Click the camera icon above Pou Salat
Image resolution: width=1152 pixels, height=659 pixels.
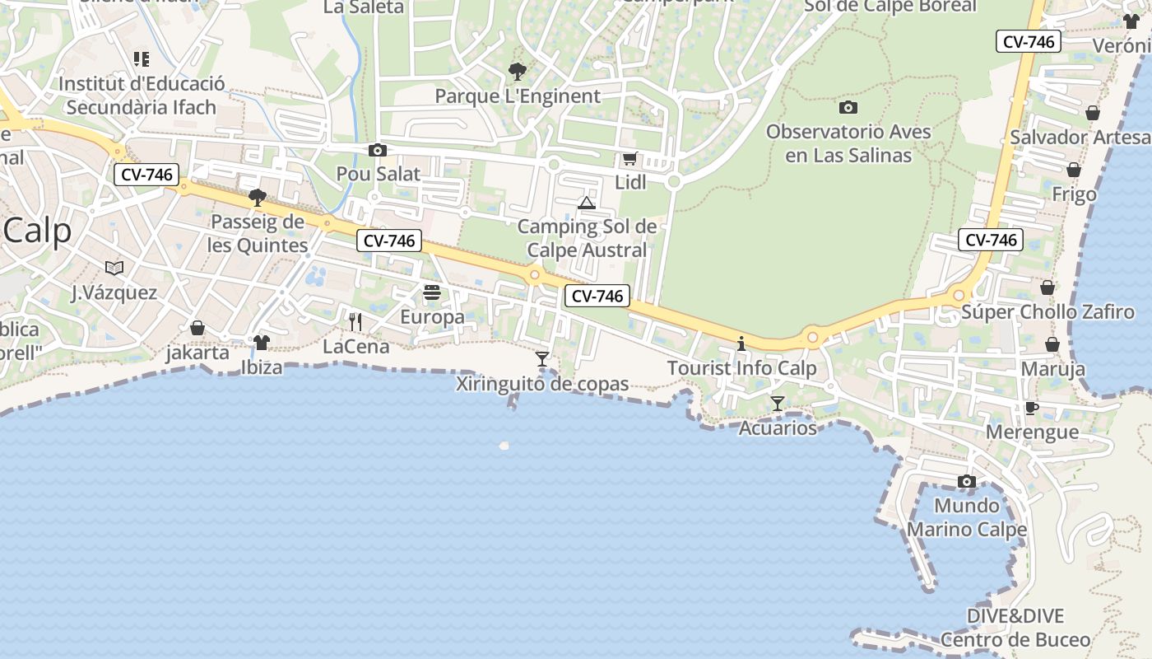pyautogui.click(x=378, y=150)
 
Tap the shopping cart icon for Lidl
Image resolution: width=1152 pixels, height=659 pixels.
pyautogui.click(x=629, y=158)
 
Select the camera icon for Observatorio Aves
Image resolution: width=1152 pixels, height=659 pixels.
pyautogui.click(x=848, y=107)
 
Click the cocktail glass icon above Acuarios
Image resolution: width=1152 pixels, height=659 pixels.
pyautogui.click(x=777, y=403)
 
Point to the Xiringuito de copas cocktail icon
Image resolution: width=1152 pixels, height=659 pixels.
pyautogui.click(x=541, y=358)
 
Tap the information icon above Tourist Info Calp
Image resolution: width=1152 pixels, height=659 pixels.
pyautogui.click(x=741, y=344)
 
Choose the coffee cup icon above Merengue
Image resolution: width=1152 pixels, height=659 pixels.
pyautogui.click(x=1032, y=408)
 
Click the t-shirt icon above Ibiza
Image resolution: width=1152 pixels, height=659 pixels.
pyautogui.click(x=261, y=342)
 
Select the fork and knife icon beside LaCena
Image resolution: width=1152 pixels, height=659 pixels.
pyautogui.click(x=355, y=321)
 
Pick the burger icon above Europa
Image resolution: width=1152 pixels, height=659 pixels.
pyautogui.click(x=432, y=292)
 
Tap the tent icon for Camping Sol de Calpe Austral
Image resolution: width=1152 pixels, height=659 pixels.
pyautogui.click(x=586, y=203)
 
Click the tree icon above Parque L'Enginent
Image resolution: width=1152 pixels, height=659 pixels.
pyautogui.click(x=517, y=72)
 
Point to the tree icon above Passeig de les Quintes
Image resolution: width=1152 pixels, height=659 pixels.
pyautogui.click(x=258, y=198)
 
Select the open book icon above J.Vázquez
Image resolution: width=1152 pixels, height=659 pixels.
pyautogui.click(x=114, y=268)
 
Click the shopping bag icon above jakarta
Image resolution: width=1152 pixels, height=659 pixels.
pyautogui.click(x=197, y=328)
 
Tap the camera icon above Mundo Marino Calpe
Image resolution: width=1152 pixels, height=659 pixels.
pyautogui.click(x=967, y=481)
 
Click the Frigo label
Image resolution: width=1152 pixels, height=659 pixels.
pyautogui.click(x=1075, y=194)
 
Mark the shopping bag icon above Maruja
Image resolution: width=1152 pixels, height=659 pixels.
pyautogui.click(x=1052, y=344)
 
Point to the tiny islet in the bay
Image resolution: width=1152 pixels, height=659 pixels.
pyautogui.click(x=504, y=446)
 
